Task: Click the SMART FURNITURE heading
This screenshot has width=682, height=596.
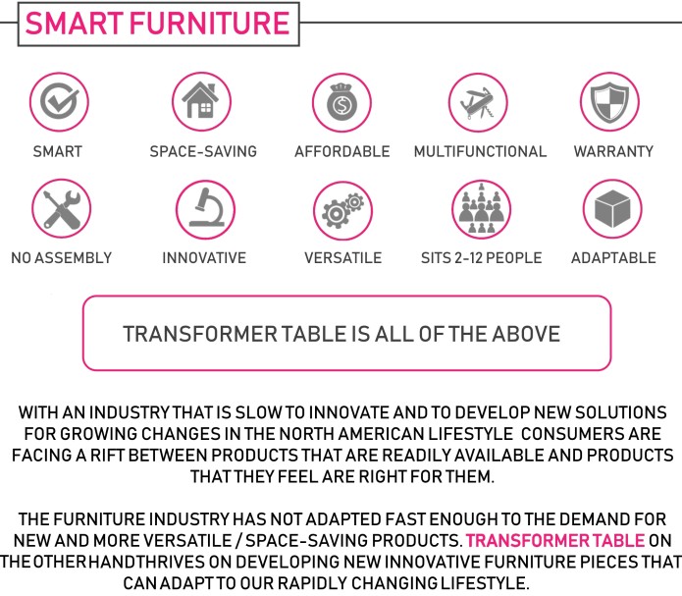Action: [156, 23]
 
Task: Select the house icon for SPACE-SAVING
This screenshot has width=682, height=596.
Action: [202, 102]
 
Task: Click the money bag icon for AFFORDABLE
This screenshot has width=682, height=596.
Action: [341, 102]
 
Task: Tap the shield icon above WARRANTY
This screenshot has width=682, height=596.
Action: [612, 102]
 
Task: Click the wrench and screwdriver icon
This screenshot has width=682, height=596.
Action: [61, 209]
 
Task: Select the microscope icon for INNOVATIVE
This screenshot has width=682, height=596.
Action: [205, 209]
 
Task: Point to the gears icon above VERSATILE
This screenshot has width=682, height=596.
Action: [342, 209]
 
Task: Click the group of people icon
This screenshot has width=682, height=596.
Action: [481, 209]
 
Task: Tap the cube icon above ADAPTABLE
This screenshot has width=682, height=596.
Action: [612, 209]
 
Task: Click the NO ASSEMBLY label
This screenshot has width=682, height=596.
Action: [61, 258]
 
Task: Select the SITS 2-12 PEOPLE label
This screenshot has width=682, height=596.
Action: [481, 258]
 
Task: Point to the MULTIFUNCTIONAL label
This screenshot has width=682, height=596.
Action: [480, 152]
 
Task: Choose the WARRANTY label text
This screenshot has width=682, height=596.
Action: [613, 152]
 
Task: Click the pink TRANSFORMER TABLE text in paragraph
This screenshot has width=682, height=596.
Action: [555, 540]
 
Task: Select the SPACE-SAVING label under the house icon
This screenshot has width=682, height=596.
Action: [203, 152]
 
